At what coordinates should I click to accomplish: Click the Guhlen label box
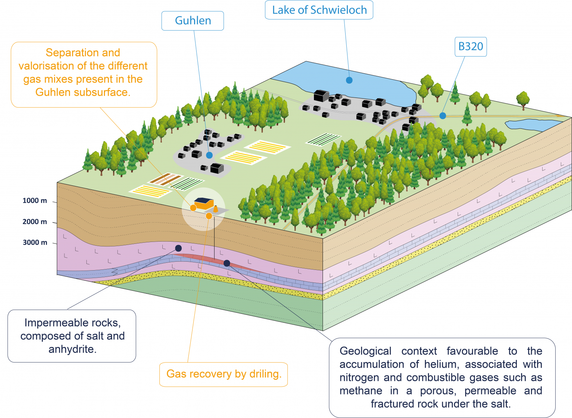click(x=193, y=20)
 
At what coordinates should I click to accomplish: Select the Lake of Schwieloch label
click(x=319, y=10)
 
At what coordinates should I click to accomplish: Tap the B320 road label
click(x=470, y=47)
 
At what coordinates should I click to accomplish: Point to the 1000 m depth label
click(x=35, y=201)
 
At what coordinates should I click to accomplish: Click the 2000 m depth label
click(x=35, y=222)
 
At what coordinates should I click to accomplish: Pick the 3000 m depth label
click(x=35, y=243)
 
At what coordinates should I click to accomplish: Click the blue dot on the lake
click(x=349, y=80)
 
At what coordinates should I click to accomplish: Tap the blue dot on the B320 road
click(x=442, y=116)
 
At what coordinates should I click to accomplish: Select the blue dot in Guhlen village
click(x=209, y=155)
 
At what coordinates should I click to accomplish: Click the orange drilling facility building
click(x=204, y=203)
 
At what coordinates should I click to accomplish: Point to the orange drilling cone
click(x=216, y=208)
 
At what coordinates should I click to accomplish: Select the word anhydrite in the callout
click(x=72, y=349)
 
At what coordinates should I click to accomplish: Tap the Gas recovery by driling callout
click(x=223, y=374)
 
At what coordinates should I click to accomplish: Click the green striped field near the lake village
click(x=323, y=139)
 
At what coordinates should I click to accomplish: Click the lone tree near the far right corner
click(x=523, y=100)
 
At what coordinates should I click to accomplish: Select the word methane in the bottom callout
click(x=360, y=391)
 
